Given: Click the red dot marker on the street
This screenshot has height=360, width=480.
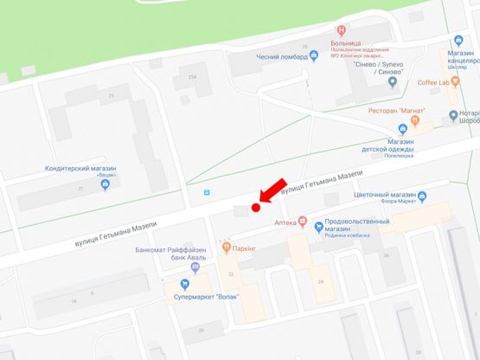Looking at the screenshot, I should coord(255,207).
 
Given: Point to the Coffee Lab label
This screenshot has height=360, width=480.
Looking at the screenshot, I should coord(433,82).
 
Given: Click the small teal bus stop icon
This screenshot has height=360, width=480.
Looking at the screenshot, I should coord(205,193).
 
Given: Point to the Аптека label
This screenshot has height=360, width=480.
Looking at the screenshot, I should coord(285,222).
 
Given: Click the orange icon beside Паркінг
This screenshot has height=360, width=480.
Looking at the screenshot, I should coord(227,247).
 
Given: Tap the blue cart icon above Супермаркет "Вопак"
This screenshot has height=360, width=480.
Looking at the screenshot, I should coord(184,284).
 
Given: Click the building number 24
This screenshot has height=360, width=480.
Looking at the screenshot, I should coord(321,282).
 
